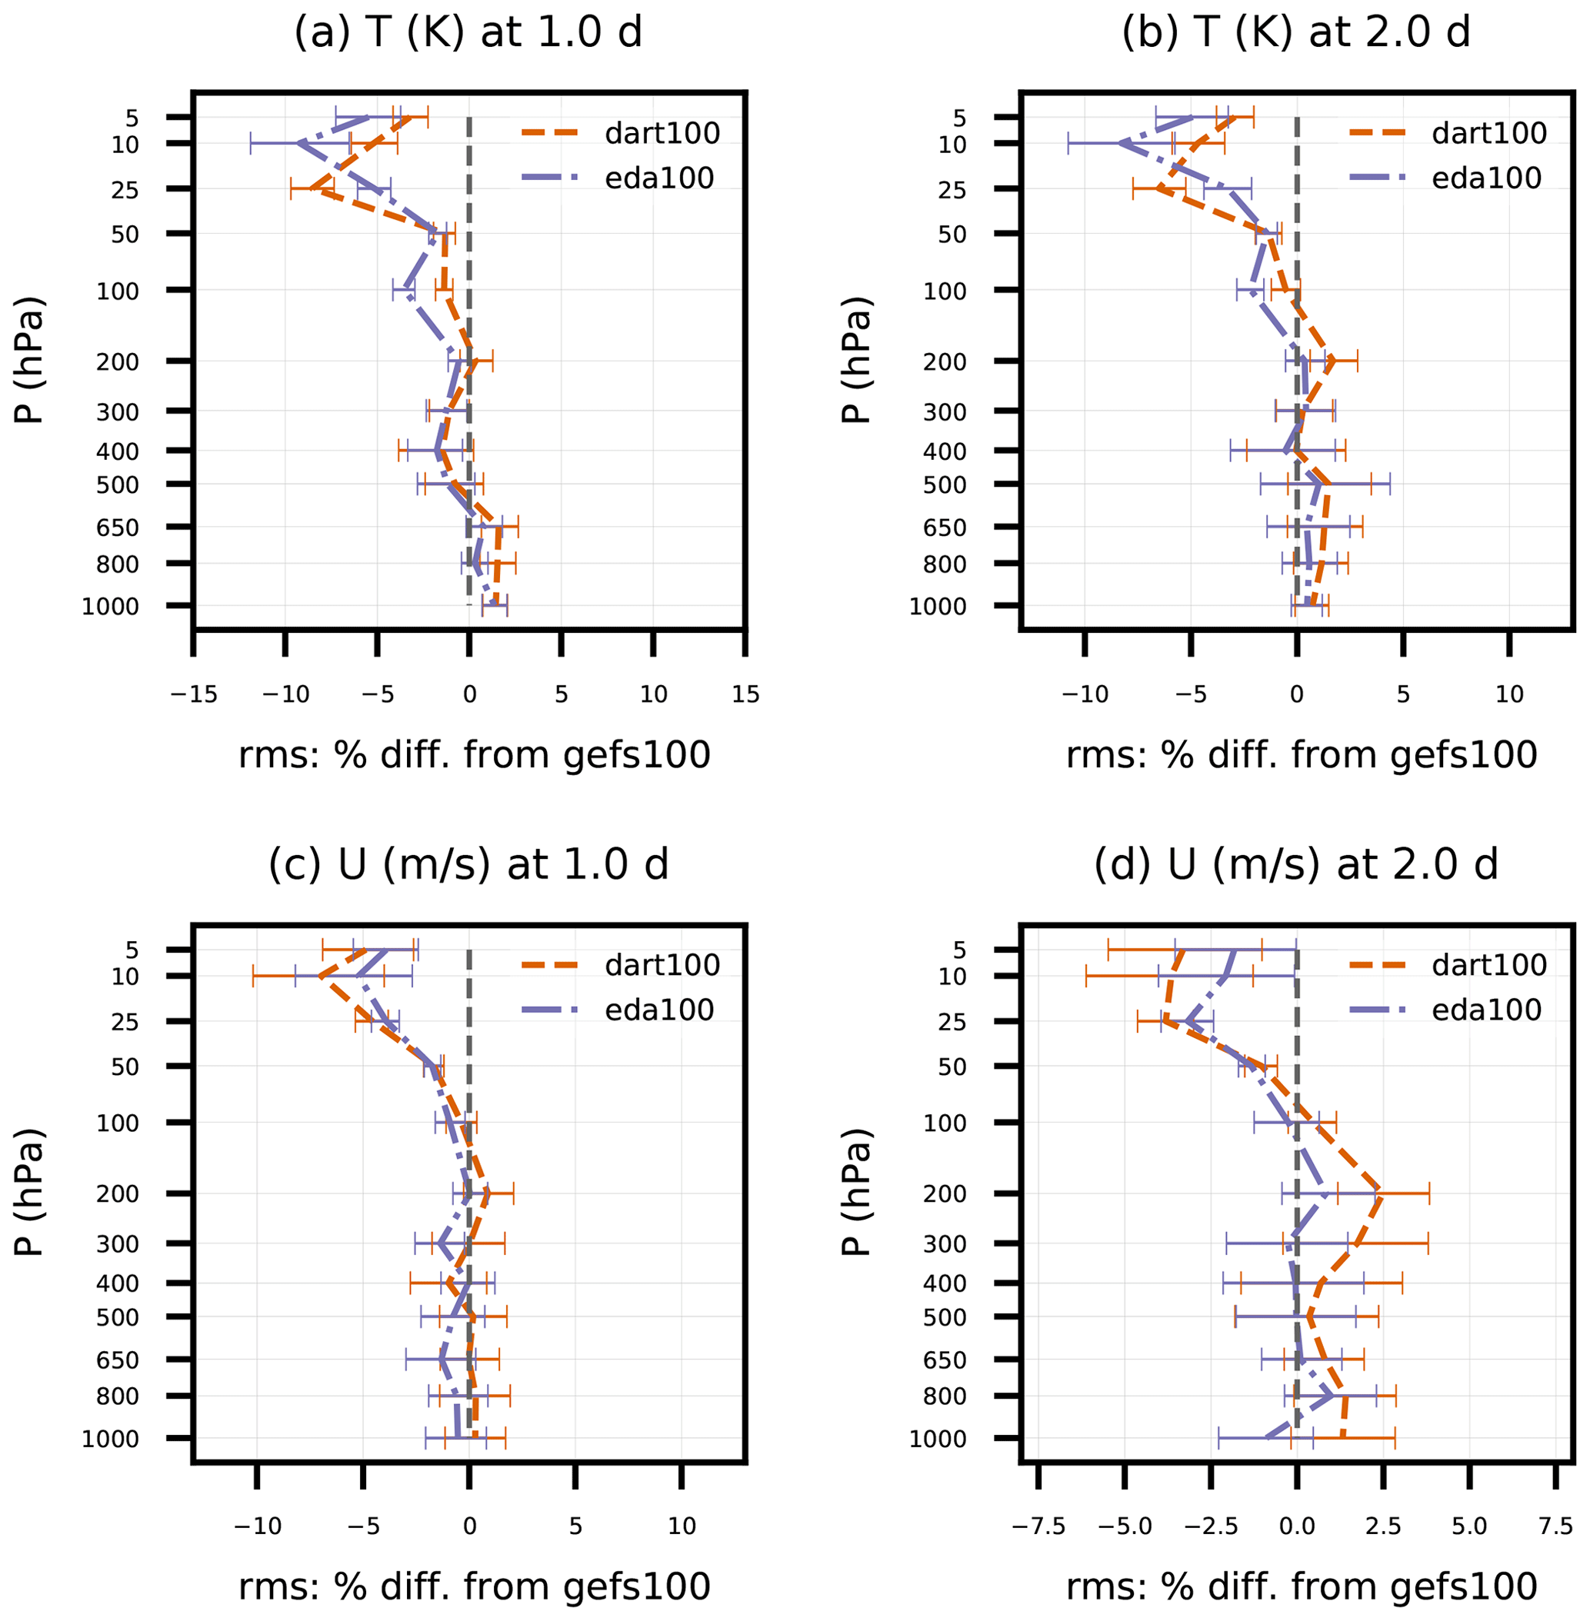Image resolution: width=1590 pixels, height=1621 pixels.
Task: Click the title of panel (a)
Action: (x=468, y=33)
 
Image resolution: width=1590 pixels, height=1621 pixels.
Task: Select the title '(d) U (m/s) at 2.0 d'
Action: (x=1295, y=865)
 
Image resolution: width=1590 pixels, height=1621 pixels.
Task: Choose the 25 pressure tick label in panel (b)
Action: (x=953, y=190)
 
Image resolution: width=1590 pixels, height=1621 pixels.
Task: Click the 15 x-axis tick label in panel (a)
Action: (x=745, y=694)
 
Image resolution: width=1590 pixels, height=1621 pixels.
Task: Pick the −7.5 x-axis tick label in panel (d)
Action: (x=1038, y=1526)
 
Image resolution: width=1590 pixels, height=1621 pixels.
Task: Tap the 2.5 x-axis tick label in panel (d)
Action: (x=1383, y=1526)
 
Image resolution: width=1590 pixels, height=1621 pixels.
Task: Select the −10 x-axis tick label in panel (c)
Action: (x=256, y=1526)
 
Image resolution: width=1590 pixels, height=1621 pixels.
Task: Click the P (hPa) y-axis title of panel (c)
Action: (x=29, y=1193)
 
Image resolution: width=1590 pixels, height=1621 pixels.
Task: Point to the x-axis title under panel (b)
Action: (x=1301, y=755)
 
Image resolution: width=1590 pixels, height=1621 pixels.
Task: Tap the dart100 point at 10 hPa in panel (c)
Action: (x=319, y=975)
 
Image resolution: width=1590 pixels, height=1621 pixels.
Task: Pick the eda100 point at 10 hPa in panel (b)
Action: (x=1121, y=144)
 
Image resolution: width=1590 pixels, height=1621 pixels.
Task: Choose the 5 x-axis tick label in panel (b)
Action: (x=1403, y=694)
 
